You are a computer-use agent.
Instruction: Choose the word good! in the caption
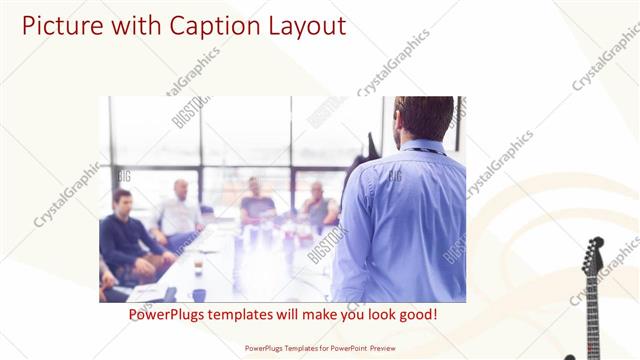pos(415,315)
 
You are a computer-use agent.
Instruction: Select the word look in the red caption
pos(373,315)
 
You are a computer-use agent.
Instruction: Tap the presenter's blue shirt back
pos(405,220)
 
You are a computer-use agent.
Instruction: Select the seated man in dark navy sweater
pos(125,235)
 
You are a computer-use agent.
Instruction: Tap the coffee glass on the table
pos(198,264)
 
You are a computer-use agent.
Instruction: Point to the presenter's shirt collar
pos(420,146)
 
